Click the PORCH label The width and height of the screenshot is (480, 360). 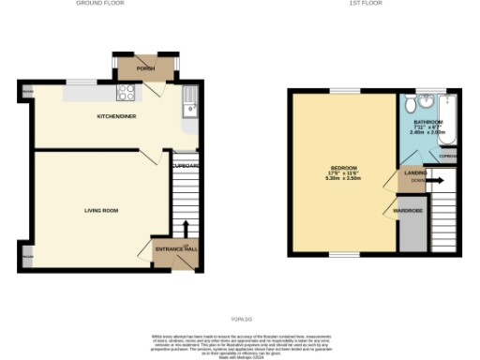(145, 68)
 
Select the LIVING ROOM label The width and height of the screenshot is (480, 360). (100, 210)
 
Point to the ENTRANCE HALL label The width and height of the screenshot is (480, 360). (176, 248)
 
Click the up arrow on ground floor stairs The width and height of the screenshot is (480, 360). (186, 229)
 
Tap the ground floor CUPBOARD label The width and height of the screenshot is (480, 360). (186, 166)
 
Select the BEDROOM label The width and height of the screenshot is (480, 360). (339, 169)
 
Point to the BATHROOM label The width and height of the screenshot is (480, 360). (428, 121)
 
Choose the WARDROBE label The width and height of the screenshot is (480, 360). (408, 211)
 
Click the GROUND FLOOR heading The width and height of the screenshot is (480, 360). (100, 4)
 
